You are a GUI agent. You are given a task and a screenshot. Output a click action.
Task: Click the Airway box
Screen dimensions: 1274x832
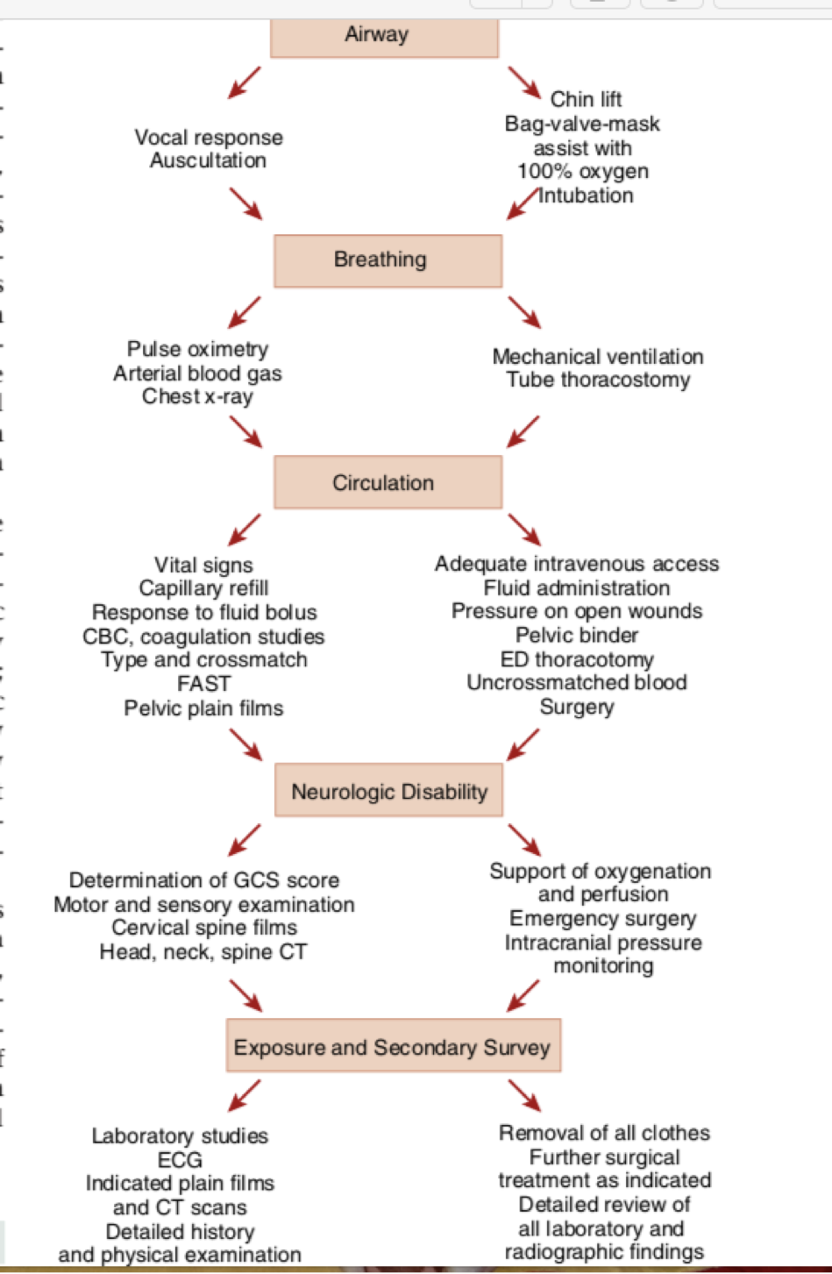(384, 36)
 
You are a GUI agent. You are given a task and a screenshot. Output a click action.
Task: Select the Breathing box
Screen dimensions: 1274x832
(388, 260)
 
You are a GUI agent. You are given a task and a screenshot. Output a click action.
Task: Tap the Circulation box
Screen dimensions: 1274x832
(388, 482)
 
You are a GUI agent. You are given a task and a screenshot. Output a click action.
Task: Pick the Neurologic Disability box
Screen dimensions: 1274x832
(388, 791)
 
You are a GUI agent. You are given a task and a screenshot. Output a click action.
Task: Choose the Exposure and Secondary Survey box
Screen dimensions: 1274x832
(393, 1046)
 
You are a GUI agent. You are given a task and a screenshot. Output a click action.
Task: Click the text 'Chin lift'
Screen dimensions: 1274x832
(586, 99)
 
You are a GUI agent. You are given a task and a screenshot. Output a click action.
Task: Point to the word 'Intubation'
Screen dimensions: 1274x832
(586, 196)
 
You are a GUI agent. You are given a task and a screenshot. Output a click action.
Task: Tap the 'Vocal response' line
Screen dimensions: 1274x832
(209, 138)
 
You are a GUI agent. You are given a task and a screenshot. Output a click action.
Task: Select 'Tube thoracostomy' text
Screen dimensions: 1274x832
(598, 380)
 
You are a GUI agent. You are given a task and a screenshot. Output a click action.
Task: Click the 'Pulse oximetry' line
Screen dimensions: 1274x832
(197, 349)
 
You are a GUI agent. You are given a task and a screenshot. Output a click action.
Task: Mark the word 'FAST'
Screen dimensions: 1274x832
(203, 684)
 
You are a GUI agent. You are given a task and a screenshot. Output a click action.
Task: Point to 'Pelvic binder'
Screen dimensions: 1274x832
(577, 635)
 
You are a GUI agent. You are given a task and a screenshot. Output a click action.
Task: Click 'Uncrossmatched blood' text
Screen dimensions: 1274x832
(577, 682)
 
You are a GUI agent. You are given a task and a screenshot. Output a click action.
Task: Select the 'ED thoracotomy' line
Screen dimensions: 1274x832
(577, 658)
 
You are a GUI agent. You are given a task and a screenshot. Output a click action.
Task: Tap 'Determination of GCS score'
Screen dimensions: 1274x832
(204, 880)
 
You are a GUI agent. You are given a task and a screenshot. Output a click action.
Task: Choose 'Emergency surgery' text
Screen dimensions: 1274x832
(603, 918)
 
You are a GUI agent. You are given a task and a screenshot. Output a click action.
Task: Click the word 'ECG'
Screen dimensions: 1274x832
(180, 1160)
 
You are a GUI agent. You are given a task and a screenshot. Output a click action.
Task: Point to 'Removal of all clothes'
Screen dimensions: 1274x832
(604, 1133)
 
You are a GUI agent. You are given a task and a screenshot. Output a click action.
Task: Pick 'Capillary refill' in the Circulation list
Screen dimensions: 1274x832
(203, 588)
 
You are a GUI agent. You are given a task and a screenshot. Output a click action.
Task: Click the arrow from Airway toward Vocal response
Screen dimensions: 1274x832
(245, 82)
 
